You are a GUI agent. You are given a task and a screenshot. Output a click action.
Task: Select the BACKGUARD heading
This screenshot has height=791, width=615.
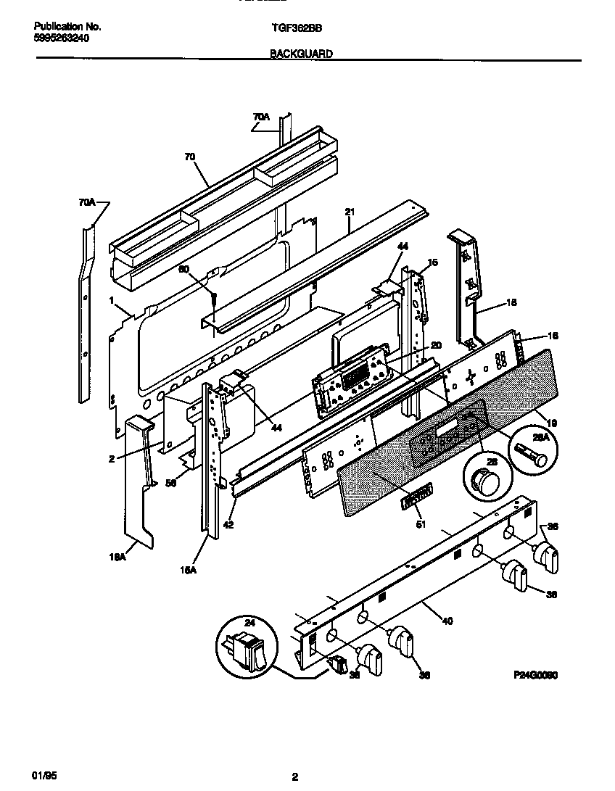coord(301,54)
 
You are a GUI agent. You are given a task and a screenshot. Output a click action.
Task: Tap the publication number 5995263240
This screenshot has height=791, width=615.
coord(62,38)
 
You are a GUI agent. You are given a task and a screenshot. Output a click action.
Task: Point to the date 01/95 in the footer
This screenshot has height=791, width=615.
coord(45,776)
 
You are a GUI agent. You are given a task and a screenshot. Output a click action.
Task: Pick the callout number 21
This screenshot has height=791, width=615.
coord(350,212)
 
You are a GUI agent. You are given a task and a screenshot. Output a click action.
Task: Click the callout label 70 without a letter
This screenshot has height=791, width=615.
coord(191,155)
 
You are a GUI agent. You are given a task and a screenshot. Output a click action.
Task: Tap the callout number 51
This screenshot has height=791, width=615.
coord(421,523)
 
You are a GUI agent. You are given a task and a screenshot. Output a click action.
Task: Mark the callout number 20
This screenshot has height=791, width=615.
coord(436,345)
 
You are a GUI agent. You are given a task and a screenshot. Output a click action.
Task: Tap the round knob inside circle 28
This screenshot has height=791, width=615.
coord(482,480)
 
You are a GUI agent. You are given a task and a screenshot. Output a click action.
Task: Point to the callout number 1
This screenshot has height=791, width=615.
coord(112,299)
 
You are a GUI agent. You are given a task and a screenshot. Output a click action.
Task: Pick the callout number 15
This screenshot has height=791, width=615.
coord(433,262)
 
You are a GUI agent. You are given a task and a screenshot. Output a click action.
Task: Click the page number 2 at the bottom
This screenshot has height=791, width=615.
coord(294,777)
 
